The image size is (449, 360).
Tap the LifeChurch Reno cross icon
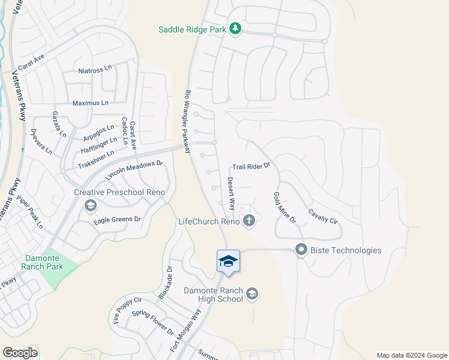(x=249, y=221)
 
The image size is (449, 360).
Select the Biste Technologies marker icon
(x=301, y=250)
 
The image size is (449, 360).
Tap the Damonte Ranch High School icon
(x=253, y=293)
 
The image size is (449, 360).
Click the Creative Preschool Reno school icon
(x=90, y=206)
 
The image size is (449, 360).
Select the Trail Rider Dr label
(x=252, y=165)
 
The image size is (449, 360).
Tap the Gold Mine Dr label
(x=285, y=207)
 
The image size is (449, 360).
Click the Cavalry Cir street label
(x=323, y=216)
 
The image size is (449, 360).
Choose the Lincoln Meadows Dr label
(x=134, y=170)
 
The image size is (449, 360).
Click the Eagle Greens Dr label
(x=117, y=220)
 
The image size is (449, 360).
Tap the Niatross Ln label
(x=95, y=70)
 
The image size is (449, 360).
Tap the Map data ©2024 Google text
(x=412, y=355)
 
